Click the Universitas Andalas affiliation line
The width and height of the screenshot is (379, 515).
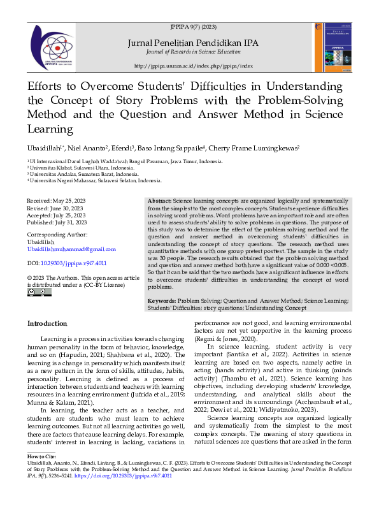(x=83, y=174)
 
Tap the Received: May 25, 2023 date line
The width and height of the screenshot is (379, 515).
(x=56, y=201)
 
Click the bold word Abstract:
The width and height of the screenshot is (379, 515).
(x=159, y=201)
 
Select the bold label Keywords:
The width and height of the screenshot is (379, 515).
(x=162, y=300)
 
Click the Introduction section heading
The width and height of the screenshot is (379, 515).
(x=46, y=324)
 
